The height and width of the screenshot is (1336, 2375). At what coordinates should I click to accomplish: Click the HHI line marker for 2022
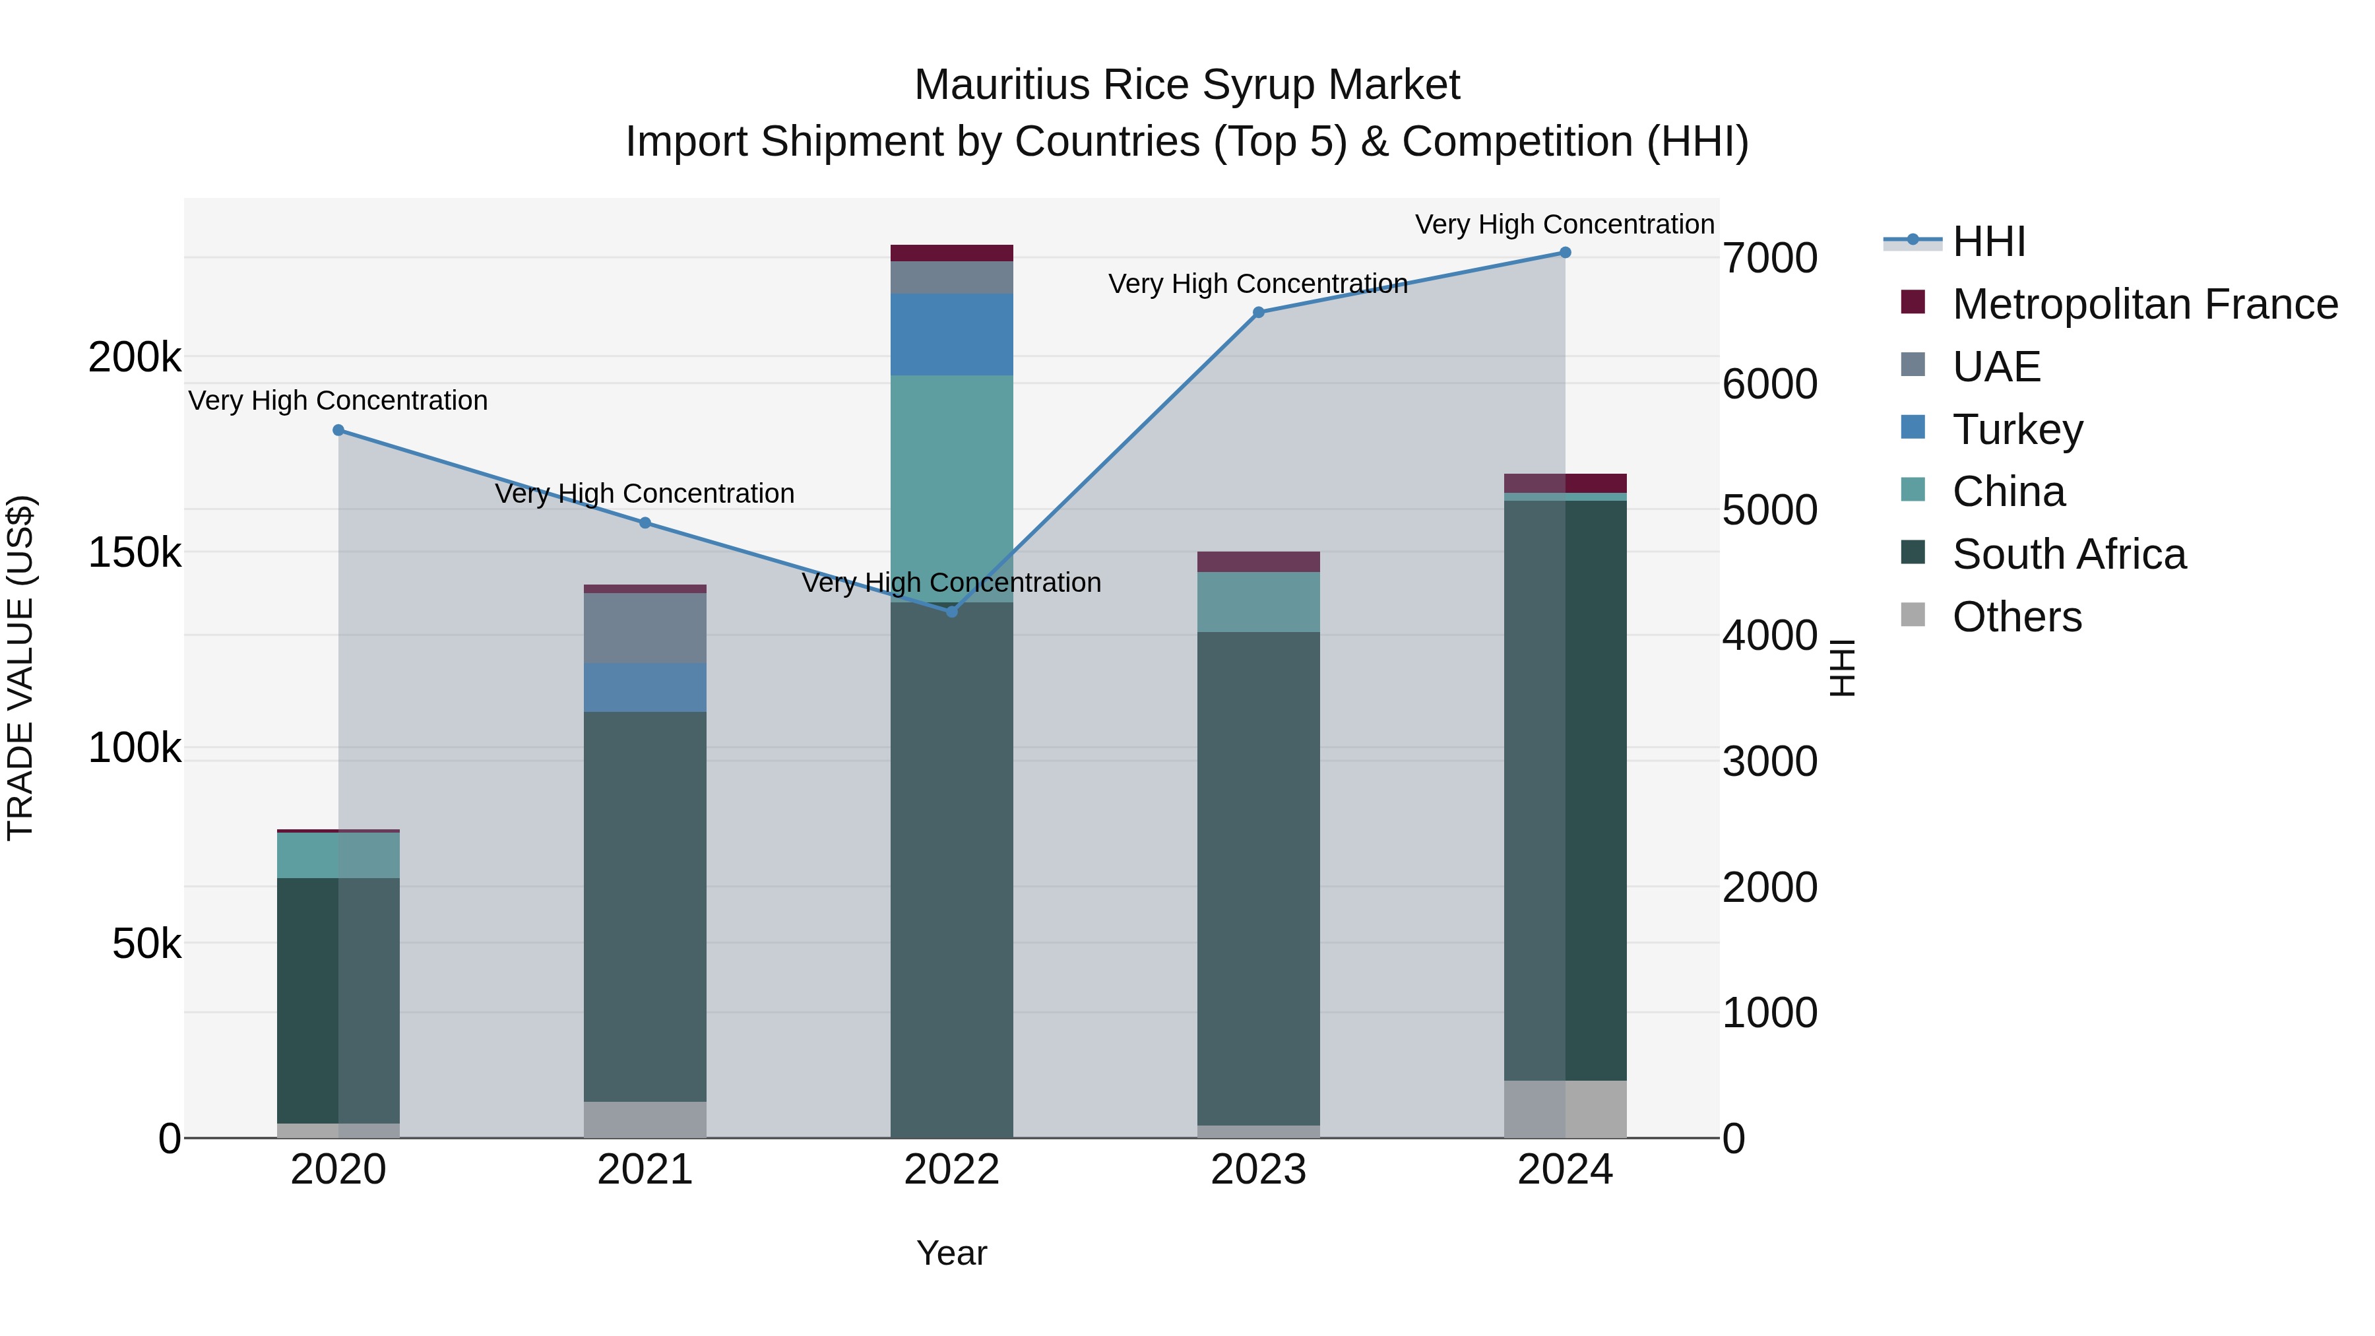pos(951,612)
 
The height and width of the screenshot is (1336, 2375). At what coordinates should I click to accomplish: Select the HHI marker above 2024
pos(1565,253)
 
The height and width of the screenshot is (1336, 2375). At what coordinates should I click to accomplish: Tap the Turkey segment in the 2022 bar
pos(951,334)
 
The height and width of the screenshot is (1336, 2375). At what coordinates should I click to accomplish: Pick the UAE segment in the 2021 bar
pos(645,628)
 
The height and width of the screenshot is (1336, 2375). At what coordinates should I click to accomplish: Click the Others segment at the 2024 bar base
pos(1565,1108)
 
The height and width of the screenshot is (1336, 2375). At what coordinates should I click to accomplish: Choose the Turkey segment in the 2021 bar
pos(645,687)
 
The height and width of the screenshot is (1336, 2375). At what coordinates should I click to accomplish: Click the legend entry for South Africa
pos(2068,554)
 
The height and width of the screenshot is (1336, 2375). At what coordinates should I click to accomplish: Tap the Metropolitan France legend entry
pos(2145,304)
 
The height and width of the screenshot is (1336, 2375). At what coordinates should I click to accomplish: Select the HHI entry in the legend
pos(1988,241)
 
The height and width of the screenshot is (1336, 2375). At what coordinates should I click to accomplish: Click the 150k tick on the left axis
pos(135,554)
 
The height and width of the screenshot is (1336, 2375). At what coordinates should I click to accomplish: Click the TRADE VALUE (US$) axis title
pos(20,668)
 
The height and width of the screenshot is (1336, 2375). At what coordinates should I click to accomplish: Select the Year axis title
pos(951,1253)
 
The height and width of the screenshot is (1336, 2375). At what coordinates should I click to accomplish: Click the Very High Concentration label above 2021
pos(645,493)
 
